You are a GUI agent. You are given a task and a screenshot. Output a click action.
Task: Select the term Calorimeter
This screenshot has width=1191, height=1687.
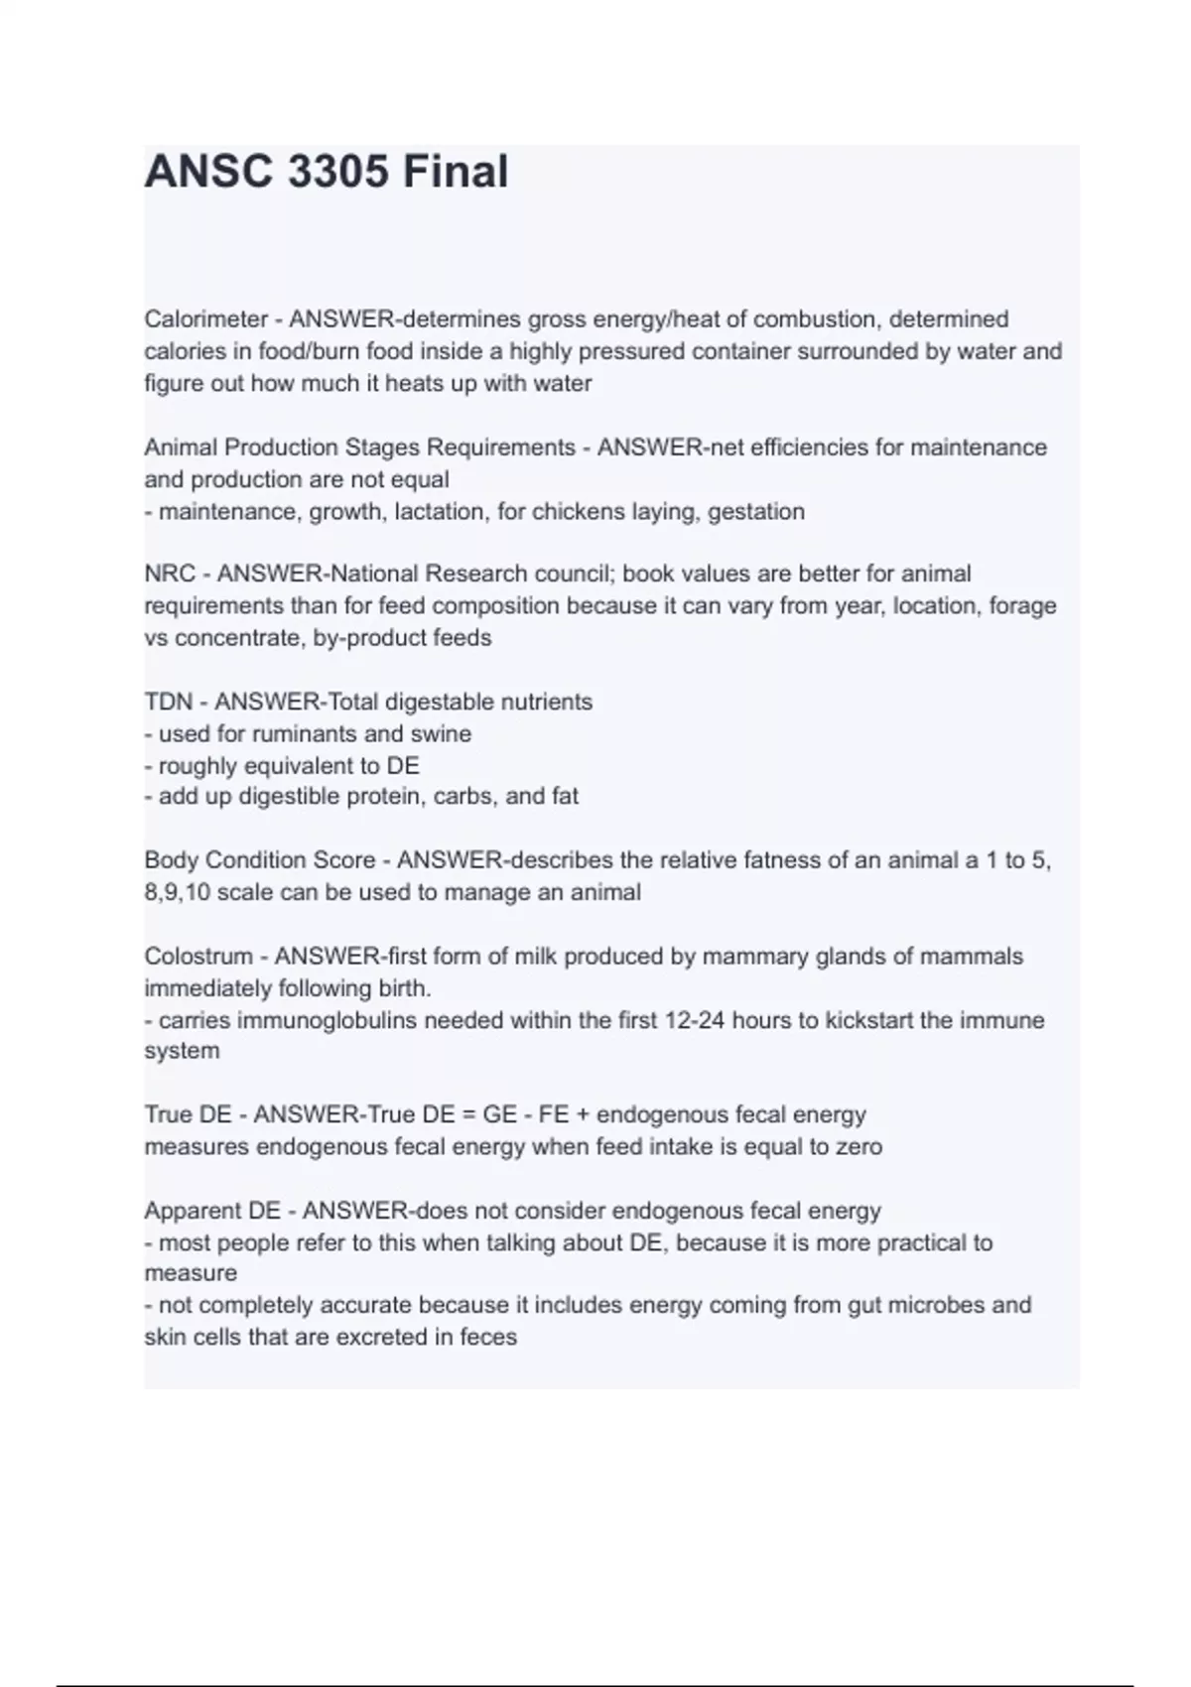click(x=206, y=320)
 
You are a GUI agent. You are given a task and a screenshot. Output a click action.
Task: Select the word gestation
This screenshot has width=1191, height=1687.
click(x=756, y=512)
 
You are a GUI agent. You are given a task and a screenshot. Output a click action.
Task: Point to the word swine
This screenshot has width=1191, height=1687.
click(x=446, y=734)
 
